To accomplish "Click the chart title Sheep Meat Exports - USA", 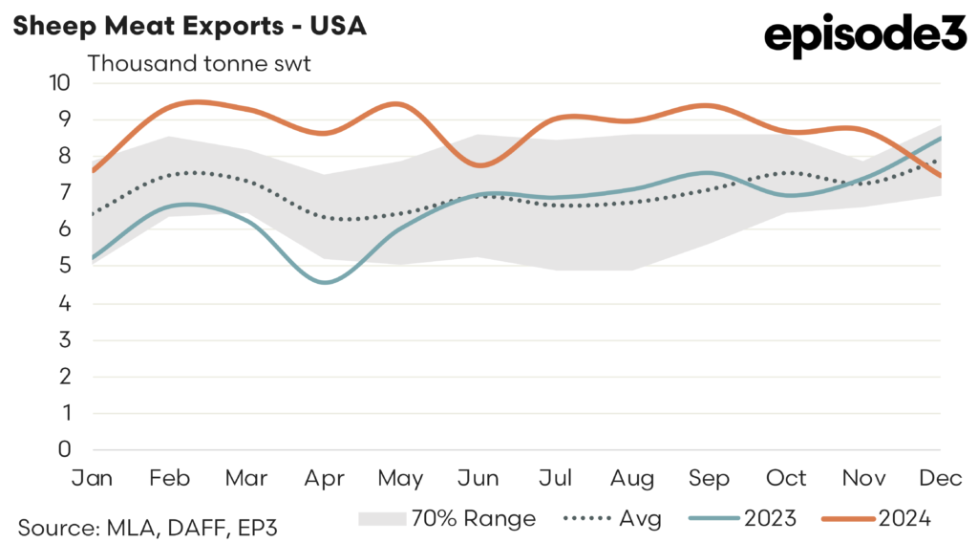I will point(189,26).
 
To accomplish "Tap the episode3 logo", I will point(865,36).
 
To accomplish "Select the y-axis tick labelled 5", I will point(64,267).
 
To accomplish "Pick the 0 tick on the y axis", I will point(64,449).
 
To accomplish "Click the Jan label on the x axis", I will point(92,477).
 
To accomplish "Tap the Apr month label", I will point(325,477).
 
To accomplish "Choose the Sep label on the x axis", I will point(710,477).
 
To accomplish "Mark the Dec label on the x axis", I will point(940,477).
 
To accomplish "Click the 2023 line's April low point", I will point(326,282).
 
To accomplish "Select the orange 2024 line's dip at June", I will point(479,165).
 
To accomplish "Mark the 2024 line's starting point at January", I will point(93,171).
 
